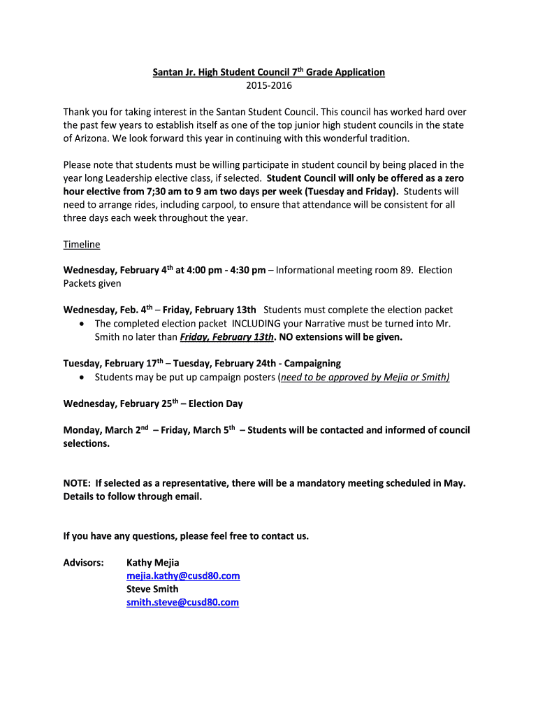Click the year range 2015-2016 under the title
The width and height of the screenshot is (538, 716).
point(269,86)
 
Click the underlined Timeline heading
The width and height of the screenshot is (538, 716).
point(82,244)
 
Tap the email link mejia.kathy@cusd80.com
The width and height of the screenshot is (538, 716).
point(183,576)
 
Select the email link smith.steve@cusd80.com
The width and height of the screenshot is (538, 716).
point(182,602)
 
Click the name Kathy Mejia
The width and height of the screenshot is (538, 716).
point(152,563)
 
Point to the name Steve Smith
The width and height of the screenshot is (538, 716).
point(152,589)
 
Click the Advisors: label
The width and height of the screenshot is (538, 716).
point(84,563)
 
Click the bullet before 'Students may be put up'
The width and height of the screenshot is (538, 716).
point(83,378)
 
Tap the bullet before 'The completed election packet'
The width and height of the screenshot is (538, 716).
point(83,324)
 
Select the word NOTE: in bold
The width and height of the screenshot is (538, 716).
point(76,483)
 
